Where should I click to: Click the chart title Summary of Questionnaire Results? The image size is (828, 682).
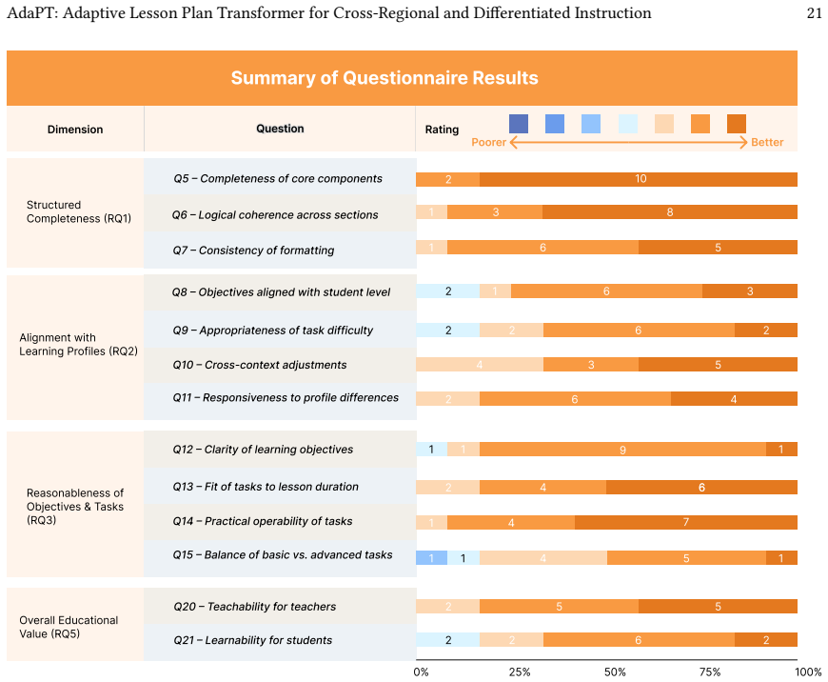pos(384,78)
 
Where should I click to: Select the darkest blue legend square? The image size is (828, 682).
pos(519,124)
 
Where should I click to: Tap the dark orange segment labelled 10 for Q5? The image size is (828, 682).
pos(639,179)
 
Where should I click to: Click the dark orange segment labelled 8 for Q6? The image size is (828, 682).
pos(670,212)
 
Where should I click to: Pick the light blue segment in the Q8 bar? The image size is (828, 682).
pos(448,291)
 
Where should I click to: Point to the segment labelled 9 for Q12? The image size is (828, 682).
pos(622,450)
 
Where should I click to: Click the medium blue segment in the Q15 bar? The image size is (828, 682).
pos(431,558)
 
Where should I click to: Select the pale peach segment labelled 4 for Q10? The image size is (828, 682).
pos(480,364)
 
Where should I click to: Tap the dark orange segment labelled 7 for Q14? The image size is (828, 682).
pos(686,522)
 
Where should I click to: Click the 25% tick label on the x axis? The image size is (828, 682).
pos(520,672)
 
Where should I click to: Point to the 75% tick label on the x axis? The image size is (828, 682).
pos(710,672)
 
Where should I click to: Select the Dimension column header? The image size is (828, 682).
pos(75,130)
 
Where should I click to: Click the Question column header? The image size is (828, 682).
pos(280,129)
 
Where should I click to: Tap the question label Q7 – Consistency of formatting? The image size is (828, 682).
pos(253,251)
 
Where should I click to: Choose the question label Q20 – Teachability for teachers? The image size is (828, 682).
pos(254,607)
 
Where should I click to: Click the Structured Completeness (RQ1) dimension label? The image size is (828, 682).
pos(79,211)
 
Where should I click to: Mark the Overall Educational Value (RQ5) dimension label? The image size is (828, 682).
pos(69,627)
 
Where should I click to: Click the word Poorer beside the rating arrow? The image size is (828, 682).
pos(488,142)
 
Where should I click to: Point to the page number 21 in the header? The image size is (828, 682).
pos(815,12)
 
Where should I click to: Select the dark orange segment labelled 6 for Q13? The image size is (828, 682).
pos(701,487)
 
